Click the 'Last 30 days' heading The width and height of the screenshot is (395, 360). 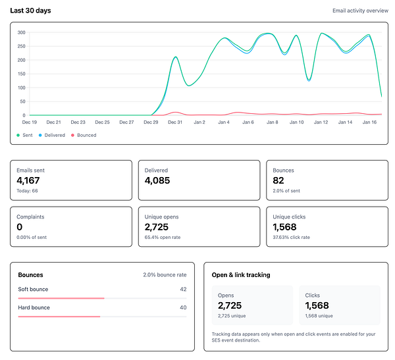tap(30, 11)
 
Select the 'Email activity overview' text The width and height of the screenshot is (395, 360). tap(360, 11)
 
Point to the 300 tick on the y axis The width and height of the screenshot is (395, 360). tap(21, 32)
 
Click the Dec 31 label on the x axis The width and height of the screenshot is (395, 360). tap(174, 122)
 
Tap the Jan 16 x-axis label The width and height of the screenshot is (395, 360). tap(369, 122)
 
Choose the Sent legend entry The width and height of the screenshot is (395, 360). tap(26, 135)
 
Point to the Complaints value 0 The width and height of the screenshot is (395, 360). tap(20, 226)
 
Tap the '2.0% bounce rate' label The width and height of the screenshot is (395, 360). tap(165, 274)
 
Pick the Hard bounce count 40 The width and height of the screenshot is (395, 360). tap(183, 307)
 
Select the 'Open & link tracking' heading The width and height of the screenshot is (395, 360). tap(241, 274)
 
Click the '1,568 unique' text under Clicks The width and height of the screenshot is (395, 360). tap(319, 316)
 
